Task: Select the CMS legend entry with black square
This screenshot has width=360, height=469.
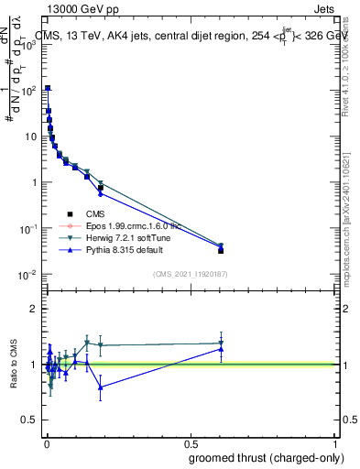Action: coord(82,213)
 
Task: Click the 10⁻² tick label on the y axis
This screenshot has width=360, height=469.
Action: coord(30,275)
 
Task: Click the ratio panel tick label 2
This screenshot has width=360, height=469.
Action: coord(34,309)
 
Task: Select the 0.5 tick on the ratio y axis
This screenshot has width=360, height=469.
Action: coord(30,420)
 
